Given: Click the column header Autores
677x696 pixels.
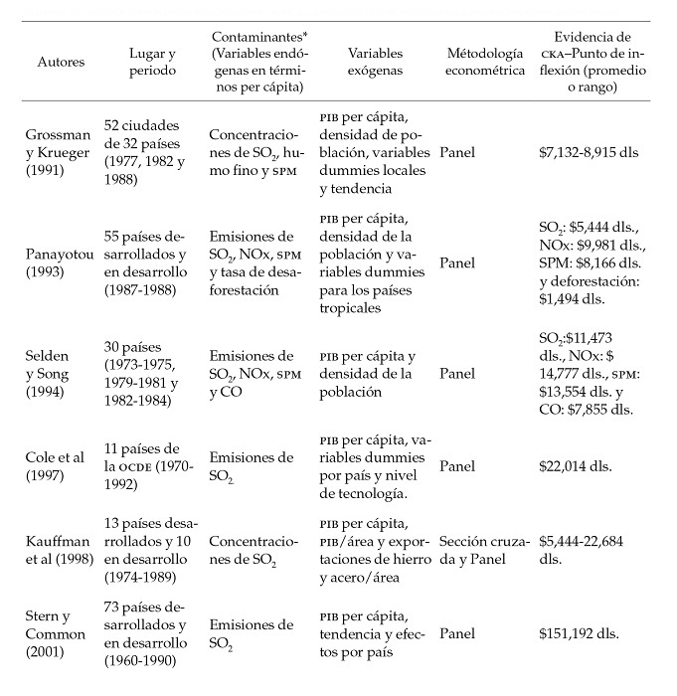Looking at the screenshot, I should click(x=61, y=62).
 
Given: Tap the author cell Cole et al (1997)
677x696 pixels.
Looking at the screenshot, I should click(x=59, y=465).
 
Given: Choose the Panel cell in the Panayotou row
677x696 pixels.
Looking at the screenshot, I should click(x=457, y=263).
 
